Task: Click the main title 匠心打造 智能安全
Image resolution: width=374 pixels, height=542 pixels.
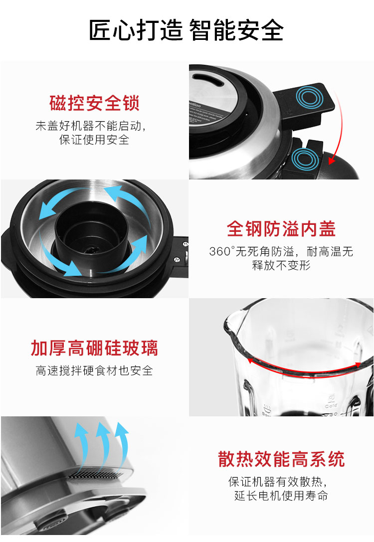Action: [187, 30]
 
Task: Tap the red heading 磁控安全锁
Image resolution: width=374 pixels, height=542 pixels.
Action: [94, 103]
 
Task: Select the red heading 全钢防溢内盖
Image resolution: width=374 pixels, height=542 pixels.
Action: [281, 229]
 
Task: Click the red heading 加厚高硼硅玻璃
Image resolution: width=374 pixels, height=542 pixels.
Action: [94, 348]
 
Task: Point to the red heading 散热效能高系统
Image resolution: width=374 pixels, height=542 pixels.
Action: [281, 459]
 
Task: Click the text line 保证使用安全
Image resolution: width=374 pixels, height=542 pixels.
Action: [94, 140]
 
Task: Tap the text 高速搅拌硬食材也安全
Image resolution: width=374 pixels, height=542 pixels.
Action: [94, 370]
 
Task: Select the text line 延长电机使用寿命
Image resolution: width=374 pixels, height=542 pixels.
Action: [281, 495]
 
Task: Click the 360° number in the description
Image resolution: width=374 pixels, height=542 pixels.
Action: [222, 251]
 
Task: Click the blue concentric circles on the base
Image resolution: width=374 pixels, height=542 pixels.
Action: [305, 159]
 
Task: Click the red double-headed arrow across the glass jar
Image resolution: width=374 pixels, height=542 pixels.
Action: [304, 369]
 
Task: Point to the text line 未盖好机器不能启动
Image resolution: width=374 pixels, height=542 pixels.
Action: [91, 126]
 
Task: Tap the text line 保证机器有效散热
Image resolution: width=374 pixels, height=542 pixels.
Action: [278, 482]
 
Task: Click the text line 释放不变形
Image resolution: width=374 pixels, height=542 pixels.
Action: [281, 265]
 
